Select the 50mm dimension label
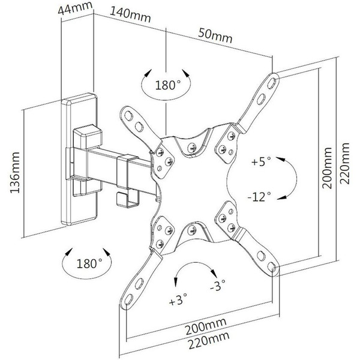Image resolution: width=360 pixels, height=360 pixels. pyautogui.click(x=214, y=37)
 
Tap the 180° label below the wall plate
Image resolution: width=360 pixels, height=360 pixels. pyautogui.click(x=89, y=262)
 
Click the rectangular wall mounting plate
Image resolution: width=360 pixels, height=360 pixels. pyautogui.click(x=80, y=162)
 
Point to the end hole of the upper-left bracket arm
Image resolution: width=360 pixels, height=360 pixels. pyautogui.click(x=128, y=112)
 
